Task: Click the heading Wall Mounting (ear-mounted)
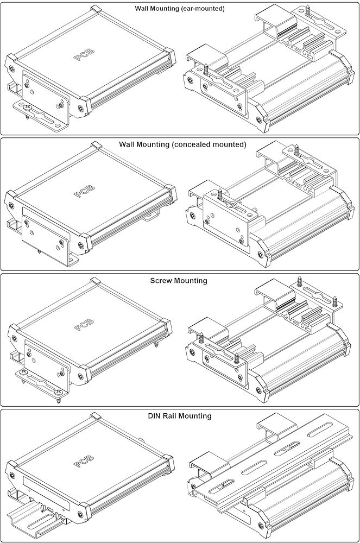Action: pos(180,9)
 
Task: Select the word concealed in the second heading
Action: pos(187,144)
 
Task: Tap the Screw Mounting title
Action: pos(179,281)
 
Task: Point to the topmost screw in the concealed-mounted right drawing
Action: pos(298,147)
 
